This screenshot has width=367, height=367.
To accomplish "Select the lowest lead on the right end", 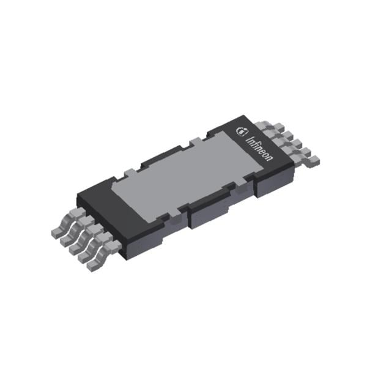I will [x=313, y=160].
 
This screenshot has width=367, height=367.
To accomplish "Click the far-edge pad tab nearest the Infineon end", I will [x=194, y=143].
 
